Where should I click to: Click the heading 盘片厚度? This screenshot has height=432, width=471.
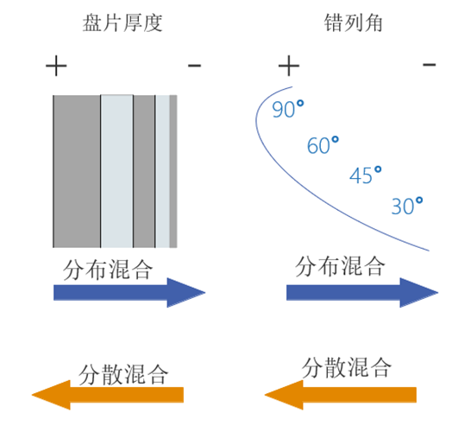122,22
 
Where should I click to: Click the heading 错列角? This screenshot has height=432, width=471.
354,22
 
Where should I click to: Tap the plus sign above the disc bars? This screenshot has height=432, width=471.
56,66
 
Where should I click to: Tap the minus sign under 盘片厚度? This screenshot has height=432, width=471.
194,65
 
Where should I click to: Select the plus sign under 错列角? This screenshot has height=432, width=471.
289,66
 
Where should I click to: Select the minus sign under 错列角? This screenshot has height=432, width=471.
430,64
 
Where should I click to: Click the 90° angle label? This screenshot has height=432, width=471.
288,109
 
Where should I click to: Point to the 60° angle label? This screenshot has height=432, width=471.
323,145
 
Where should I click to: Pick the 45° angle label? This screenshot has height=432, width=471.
365,175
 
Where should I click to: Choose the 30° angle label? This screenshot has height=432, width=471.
407,206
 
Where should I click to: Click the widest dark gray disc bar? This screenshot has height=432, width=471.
77,171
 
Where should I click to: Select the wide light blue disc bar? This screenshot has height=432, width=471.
116,171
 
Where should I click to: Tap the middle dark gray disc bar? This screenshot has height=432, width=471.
144,171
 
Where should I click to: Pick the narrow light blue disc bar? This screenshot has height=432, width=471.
162,171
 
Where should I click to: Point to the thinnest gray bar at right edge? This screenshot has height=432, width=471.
173,171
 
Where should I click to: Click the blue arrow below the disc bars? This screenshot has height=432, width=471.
129,292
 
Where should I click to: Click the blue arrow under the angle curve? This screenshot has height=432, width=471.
362,292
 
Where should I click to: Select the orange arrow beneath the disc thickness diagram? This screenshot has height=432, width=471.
108,395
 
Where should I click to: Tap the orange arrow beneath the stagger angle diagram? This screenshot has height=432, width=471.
341,395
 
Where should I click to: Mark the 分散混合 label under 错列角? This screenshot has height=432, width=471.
346,367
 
